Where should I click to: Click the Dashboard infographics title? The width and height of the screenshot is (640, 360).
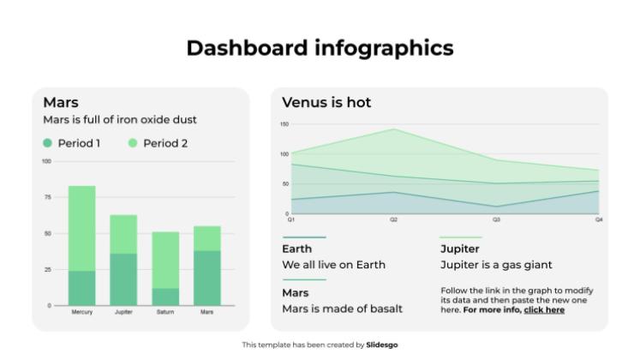coord(320,48)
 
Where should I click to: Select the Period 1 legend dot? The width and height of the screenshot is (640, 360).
coord(48,143)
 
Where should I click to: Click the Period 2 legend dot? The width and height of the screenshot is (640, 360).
coord(133,143)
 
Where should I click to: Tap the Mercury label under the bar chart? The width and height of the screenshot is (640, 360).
coord(82,312)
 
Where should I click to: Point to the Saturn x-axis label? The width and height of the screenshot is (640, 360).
coord(165,312)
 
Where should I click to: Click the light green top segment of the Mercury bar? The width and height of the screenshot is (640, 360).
coord(82,228)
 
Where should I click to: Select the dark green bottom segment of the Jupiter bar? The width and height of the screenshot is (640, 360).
coord(123,279)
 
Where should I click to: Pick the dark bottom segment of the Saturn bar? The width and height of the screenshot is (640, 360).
coord(165,296)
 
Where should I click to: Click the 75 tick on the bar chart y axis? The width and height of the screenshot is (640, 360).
coord(47,197)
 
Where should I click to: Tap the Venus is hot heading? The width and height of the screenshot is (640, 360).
coord(326,103)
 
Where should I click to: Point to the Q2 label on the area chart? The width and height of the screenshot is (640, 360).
coord(394,220)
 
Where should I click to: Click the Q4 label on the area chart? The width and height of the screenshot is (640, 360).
coord(599,220)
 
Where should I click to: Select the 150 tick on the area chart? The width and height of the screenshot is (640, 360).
coord(284,124)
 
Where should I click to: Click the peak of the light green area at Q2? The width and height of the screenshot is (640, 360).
coord(394,130)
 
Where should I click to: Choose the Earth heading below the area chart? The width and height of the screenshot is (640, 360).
coord(297,249)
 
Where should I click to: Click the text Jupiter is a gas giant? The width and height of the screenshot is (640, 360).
coord(496,265)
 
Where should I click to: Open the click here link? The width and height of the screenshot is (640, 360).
coord(544,310)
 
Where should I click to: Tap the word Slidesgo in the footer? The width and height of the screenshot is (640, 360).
coord(382,345)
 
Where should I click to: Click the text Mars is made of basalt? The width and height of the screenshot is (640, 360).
coord(342,309)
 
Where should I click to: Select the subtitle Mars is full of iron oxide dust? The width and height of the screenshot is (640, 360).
coord(120,120)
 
